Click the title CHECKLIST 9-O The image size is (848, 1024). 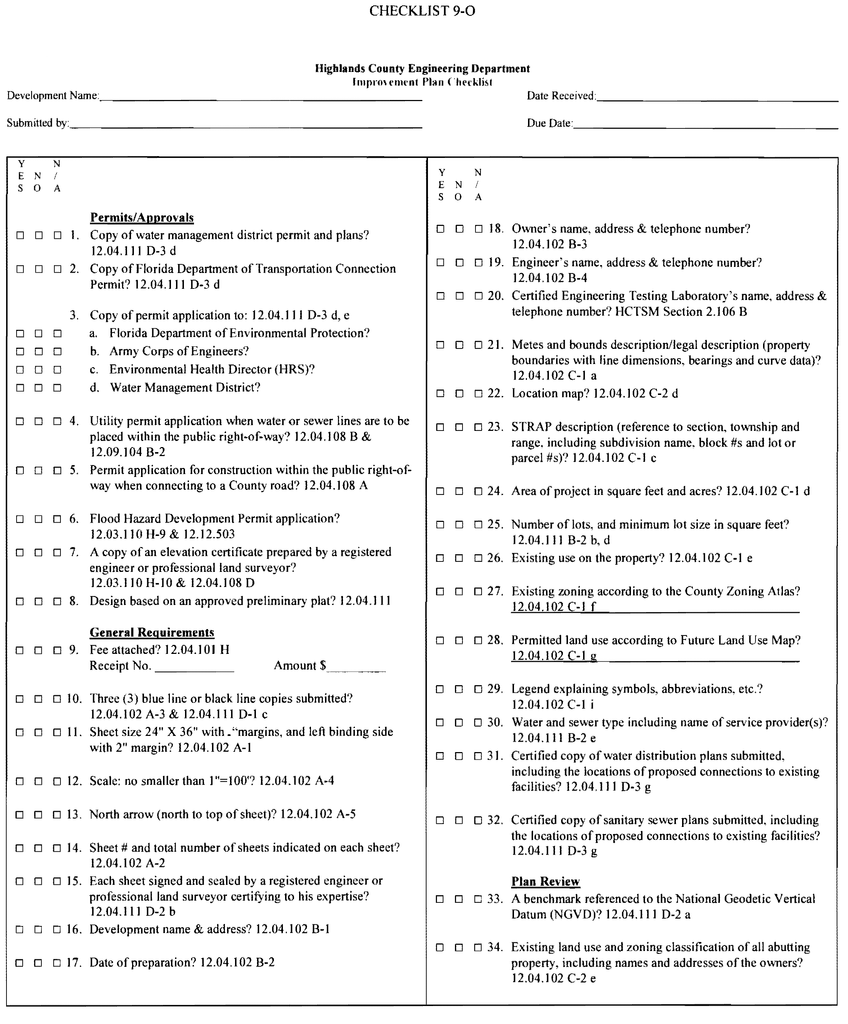(422, 11)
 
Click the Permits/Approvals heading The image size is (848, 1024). (141, 218)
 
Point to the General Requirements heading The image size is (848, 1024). (152, 632)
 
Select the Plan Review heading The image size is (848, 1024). (545, 882)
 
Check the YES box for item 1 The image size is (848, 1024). (20, 236)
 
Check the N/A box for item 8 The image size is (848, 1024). (58, 601)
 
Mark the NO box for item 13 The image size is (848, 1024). (38, 814)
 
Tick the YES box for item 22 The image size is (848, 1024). (440, 393)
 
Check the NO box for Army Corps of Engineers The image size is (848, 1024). (39, 351)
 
